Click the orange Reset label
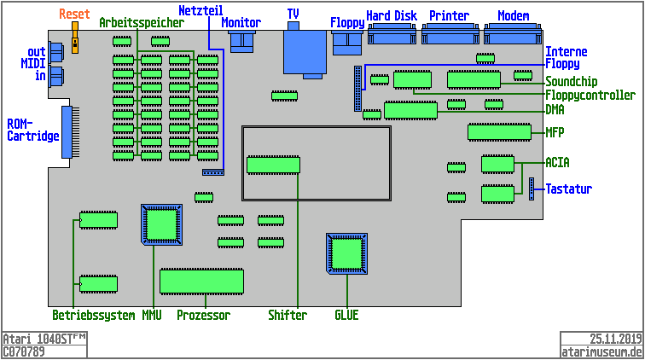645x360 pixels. click(74, 15)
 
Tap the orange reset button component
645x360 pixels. click(75, 39)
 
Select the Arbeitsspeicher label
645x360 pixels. click(141, 23)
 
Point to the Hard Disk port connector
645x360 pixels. click(391, 34)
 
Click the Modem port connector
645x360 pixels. click(513, 34)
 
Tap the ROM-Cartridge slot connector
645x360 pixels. click(67, 132)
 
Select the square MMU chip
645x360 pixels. click(161, 224)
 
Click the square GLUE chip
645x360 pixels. click(347, 253)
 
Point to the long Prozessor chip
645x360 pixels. click(201, 281)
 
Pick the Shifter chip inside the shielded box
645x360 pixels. click(273, 165)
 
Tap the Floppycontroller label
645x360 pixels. click(590, 95)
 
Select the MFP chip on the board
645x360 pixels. click(499, 132)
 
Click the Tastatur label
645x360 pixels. click(569, 189)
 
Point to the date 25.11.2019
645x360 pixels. click(615, 339)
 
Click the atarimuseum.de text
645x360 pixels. click(601, 351)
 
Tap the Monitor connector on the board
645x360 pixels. click(242, 40)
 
